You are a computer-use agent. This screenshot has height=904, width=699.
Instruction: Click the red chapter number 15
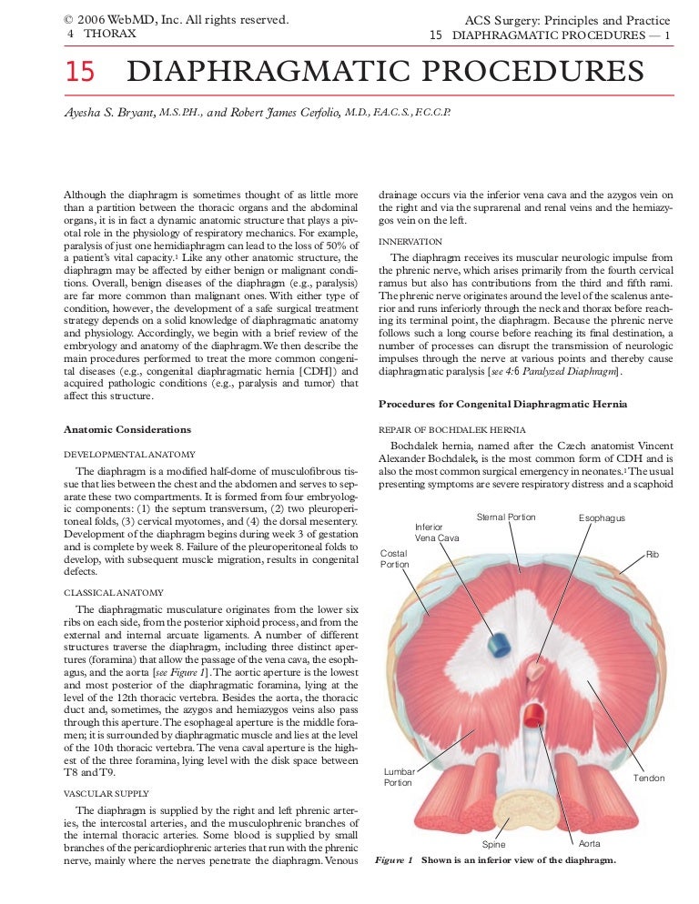point(79,72)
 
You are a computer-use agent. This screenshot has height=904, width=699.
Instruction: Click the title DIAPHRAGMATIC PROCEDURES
point(386,72)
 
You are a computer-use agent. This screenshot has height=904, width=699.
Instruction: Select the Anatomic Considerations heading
point(127,429)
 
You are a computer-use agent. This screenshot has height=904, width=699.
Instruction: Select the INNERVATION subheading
point(410,242)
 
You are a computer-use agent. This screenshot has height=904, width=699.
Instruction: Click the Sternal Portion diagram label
point(506,517)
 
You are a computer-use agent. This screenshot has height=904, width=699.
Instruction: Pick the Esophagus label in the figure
point(602,518)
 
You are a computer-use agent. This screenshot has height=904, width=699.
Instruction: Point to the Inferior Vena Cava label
point(437,532)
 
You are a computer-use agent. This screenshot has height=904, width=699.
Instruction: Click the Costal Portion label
point(394,558)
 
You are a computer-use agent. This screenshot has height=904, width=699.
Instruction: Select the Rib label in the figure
point(652,553)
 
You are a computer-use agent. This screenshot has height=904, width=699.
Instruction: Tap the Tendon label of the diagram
point(649,778)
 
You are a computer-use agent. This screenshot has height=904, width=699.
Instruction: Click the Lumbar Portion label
point(399,777)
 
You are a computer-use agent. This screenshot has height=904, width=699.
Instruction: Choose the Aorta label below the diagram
point(590,844)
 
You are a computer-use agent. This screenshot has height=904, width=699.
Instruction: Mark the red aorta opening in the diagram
point(535,712)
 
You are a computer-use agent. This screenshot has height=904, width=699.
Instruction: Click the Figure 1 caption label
point(395,860)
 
